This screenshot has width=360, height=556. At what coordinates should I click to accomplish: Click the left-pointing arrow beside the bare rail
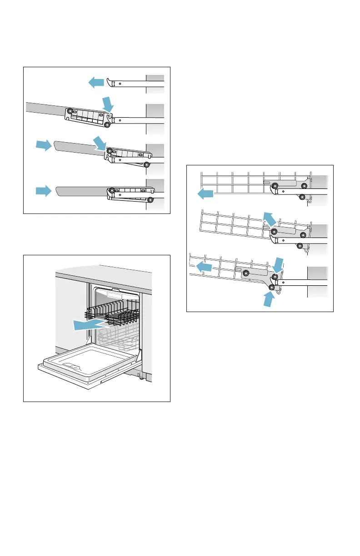click(96, 82)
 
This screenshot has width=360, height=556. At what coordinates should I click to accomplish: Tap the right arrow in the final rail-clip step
click(44, 190)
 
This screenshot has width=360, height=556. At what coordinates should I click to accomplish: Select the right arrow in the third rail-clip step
click(44, 145)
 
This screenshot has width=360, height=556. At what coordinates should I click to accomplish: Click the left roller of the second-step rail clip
click(70, 111)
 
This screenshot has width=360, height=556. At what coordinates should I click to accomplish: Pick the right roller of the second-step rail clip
click(107, 124)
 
